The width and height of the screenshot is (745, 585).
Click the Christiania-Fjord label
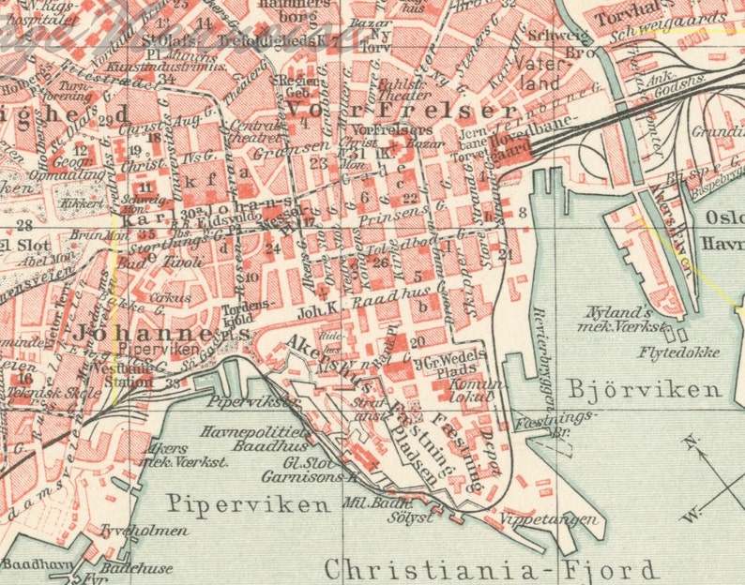(491, 569)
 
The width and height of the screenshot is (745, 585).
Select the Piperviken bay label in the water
(248, 504)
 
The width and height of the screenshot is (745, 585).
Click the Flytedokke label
(679, 352)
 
